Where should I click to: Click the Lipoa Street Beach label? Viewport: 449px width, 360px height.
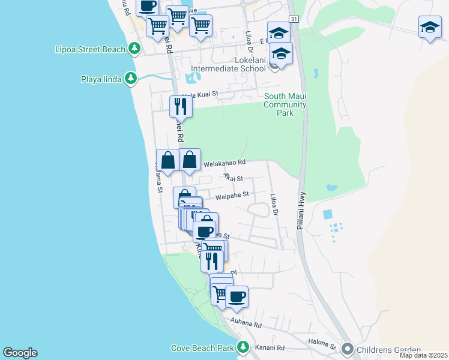(x=89, y=49)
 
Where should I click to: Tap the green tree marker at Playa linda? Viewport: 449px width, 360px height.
(x=130, y=79)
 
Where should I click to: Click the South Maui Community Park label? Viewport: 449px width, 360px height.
(x=286, y=104)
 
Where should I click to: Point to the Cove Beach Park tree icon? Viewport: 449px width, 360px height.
(x=243, y=347)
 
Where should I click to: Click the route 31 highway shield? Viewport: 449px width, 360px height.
(x=293, y=20)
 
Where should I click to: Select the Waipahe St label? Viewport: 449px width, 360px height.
(x=232, y=194)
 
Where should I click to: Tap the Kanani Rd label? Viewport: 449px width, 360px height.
(x=272, y=348)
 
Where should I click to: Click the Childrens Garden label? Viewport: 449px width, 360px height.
(x=388, y=349)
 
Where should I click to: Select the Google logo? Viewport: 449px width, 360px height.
(x=20, y=353)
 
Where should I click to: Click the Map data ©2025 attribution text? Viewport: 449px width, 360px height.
(x=423, y=355)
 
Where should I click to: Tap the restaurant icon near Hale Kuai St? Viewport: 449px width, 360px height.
(x=181, y=106)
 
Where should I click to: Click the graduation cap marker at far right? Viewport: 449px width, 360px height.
(x=430, y=27)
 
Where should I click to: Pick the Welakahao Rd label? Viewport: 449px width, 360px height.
(x=224, y=162)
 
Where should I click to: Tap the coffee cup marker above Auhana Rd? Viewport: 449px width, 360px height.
(x=237, y=296)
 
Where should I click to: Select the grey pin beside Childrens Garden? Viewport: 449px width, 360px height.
(x=347, y=349)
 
